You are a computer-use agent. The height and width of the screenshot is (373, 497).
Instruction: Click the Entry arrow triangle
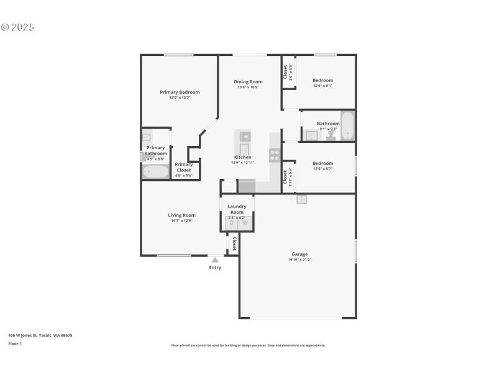coord(214,260)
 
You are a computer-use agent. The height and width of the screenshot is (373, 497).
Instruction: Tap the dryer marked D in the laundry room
coord(231,223)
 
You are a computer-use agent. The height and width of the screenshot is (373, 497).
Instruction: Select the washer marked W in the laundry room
coord(245,223)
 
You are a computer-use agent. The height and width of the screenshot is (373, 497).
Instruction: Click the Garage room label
coord(299,254)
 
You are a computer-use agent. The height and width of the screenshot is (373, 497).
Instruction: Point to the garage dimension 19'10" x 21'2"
coord(299,259)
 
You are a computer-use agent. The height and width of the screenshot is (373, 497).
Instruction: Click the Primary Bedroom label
coord(180,92)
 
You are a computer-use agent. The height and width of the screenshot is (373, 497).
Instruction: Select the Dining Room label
coord(248,81)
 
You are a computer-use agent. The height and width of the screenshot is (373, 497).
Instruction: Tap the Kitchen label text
coord(243,157)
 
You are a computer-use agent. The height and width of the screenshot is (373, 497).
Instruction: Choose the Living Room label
coord(181,215)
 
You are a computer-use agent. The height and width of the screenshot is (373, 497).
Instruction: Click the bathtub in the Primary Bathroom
coord(155,172)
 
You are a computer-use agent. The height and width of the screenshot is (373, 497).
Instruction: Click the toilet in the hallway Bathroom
coord(331,135)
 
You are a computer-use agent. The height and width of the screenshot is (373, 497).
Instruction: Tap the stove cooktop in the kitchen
coord(274,155)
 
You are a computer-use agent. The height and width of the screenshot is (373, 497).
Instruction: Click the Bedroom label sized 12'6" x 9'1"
coord(322,80)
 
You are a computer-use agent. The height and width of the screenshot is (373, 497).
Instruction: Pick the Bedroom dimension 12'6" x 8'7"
coord(322,168)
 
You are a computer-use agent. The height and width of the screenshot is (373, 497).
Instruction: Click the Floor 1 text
coord(15,343)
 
